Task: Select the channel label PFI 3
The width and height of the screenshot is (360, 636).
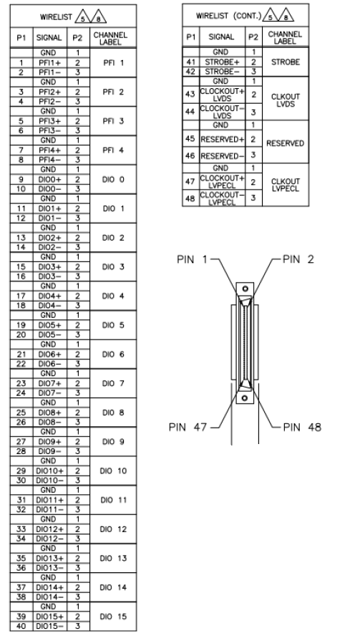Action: (x=113, y=121)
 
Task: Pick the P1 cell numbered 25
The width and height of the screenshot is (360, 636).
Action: (x=21, y=413)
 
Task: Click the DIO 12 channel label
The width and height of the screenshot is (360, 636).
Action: (x=113, y=529)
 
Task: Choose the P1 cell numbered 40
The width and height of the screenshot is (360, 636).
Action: (x=21, y=626)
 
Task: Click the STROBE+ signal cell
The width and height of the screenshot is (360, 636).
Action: (x=222, y=62)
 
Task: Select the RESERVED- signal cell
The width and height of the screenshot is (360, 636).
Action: (x=222, y=155)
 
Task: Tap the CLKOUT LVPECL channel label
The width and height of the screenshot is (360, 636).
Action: (x=286, y=185)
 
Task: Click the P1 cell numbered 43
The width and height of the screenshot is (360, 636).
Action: (x=190, y=94)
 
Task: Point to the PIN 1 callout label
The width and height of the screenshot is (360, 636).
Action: (x=192, y=259)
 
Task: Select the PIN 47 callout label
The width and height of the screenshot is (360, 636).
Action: (x=188, y=427)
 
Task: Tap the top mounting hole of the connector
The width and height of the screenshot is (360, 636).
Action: (x=245, y=289)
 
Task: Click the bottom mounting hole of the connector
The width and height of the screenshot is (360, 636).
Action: (x=245, y=398)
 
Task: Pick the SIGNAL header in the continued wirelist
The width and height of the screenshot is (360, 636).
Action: (x=221, y=37)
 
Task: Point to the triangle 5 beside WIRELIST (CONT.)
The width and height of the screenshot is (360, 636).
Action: (x=271, y=16)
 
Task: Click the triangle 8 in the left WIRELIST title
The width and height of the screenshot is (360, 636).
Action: (x=99, y=16)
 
